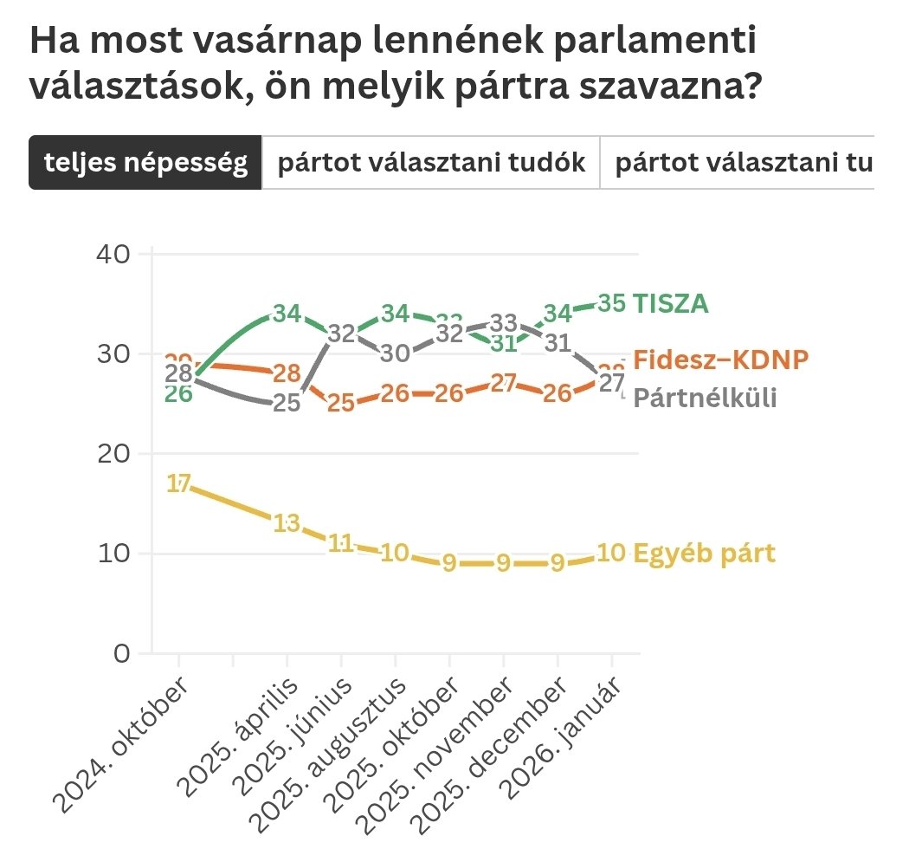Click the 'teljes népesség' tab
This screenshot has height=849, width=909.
point(145,162)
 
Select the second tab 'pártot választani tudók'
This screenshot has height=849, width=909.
point(431,162)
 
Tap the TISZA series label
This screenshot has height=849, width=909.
point(671,303)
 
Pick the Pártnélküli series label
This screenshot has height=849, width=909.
point(705,398)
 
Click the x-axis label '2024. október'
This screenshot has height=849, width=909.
point(121,745)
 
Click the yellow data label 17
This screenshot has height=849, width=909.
point(178,485)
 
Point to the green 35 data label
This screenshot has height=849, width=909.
point(611,304)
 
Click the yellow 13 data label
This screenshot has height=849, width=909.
point(287,523)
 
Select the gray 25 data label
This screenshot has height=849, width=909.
point(287,404)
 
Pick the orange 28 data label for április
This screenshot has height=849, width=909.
point(287,374)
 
